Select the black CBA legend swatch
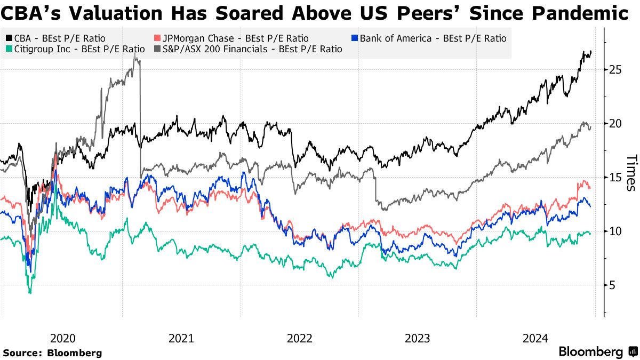pos(10,38)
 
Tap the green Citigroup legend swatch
pos(10,49)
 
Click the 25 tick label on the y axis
pos(614,69)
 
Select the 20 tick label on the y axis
pos(614,123)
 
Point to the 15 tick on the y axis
pos(614,177)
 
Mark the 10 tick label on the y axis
pos(614,231)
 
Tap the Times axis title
pos(631,173)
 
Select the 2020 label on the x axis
pos(63,338)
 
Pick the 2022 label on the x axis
pos(299,338)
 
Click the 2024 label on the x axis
pos(535,338)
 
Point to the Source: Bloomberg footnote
pos(52,353)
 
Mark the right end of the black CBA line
pos(591,52)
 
